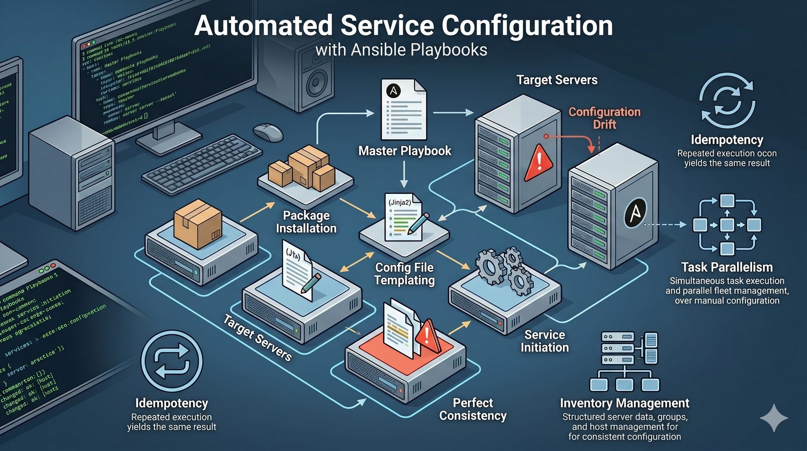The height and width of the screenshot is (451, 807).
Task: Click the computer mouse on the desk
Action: [x=268, y=132]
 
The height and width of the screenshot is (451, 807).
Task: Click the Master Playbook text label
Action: [x=405, y=151]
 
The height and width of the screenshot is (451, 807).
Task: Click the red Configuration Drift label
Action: [x=604, y=118]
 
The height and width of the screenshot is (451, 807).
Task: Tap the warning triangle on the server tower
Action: [x=539, y=162]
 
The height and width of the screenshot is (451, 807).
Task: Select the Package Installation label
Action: [x=306, y=222]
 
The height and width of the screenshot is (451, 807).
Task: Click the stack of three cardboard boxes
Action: [x=302, y=168]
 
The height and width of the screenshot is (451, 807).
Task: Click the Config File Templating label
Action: [x=405, y=274]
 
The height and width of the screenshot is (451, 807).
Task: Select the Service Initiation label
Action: [x=544, y=341]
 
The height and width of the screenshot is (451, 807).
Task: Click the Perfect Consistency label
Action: [x=473, y=409]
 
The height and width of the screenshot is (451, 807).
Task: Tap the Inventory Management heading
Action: [x=624, y=403]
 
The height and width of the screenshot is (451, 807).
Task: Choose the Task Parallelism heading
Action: [x=727, y=267]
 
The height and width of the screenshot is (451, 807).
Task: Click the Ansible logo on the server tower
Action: [x=635, y=213]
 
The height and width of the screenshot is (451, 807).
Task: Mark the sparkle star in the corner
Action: [x=774, y=418]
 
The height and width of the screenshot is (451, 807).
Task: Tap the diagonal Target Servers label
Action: [x=257, y=337]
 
